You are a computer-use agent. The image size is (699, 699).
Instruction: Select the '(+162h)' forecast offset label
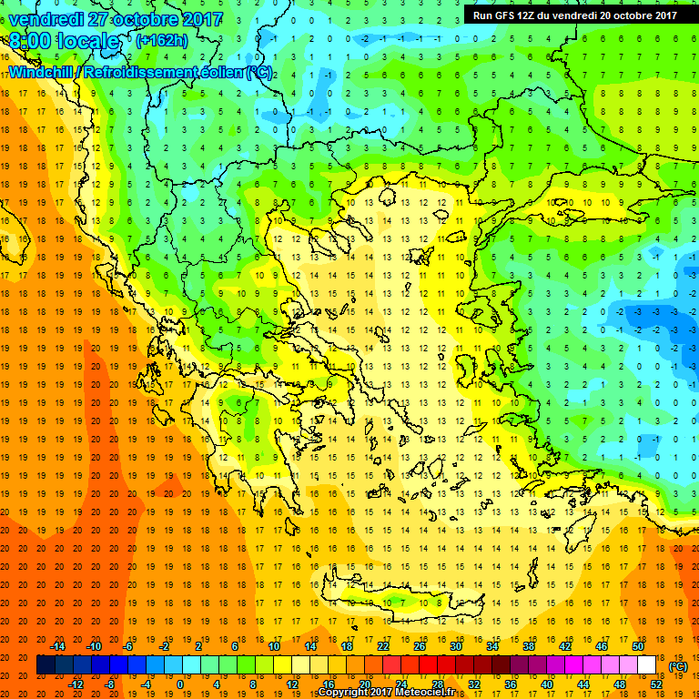161,41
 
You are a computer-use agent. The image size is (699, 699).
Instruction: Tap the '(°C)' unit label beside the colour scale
678,666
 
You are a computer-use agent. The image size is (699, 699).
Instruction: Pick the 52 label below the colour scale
654,684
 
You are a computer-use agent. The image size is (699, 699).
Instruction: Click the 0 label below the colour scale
180,684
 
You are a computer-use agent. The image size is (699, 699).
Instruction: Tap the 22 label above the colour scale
383,645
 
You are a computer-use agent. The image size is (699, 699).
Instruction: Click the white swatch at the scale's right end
647,665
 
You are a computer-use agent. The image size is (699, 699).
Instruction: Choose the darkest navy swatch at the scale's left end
46,665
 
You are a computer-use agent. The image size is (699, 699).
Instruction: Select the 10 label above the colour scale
274,645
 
